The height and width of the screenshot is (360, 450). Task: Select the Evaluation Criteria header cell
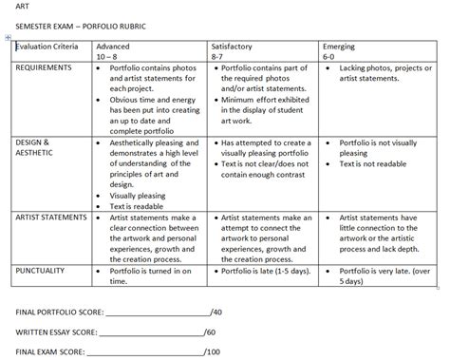point(46,46)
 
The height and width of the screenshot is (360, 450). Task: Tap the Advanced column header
point(113,46)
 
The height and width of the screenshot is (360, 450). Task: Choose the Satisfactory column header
point(232,46)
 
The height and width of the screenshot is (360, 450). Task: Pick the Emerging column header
point(339,46)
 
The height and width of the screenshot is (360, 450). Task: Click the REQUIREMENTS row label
point(44,68)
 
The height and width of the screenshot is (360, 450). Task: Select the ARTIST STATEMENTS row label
point(52,218)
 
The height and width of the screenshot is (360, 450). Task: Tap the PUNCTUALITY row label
point(41,270)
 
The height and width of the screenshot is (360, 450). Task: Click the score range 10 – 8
point(109,56)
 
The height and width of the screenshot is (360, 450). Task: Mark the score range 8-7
point(217,56)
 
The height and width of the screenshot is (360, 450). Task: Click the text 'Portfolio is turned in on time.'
point(147,275)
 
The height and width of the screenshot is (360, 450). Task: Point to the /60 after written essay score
point(210,332)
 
